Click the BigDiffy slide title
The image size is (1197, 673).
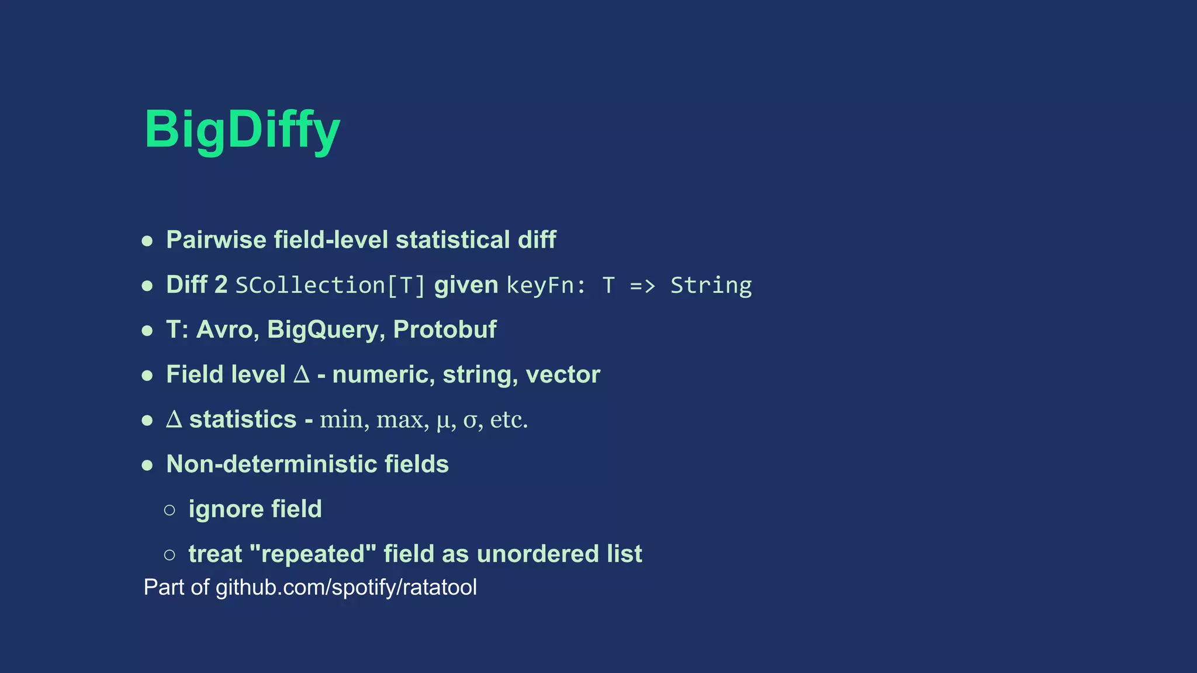(x=242, y=130)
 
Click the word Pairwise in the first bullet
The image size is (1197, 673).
(x=216, y=240)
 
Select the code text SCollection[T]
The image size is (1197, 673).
(x=330, y=286)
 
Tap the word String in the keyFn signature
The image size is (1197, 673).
(x=711, y=286)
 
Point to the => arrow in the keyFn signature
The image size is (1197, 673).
(x=642, y=286)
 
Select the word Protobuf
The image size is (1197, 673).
(x=445, y=330)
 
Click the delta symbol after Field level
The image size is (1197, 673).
(x=301, y=374)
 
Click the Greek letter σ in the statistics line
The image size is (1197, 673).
(x=471, y=420)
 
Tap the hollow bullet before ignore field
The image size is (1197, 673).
(x=169, y=510)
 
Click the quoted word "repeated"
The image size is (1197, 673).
(x=313, y=554)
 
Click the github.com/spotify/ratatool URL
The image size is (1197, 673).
(x=346, y=587)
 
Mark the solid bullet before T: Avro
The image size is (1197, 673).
(x=147, y=331)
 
